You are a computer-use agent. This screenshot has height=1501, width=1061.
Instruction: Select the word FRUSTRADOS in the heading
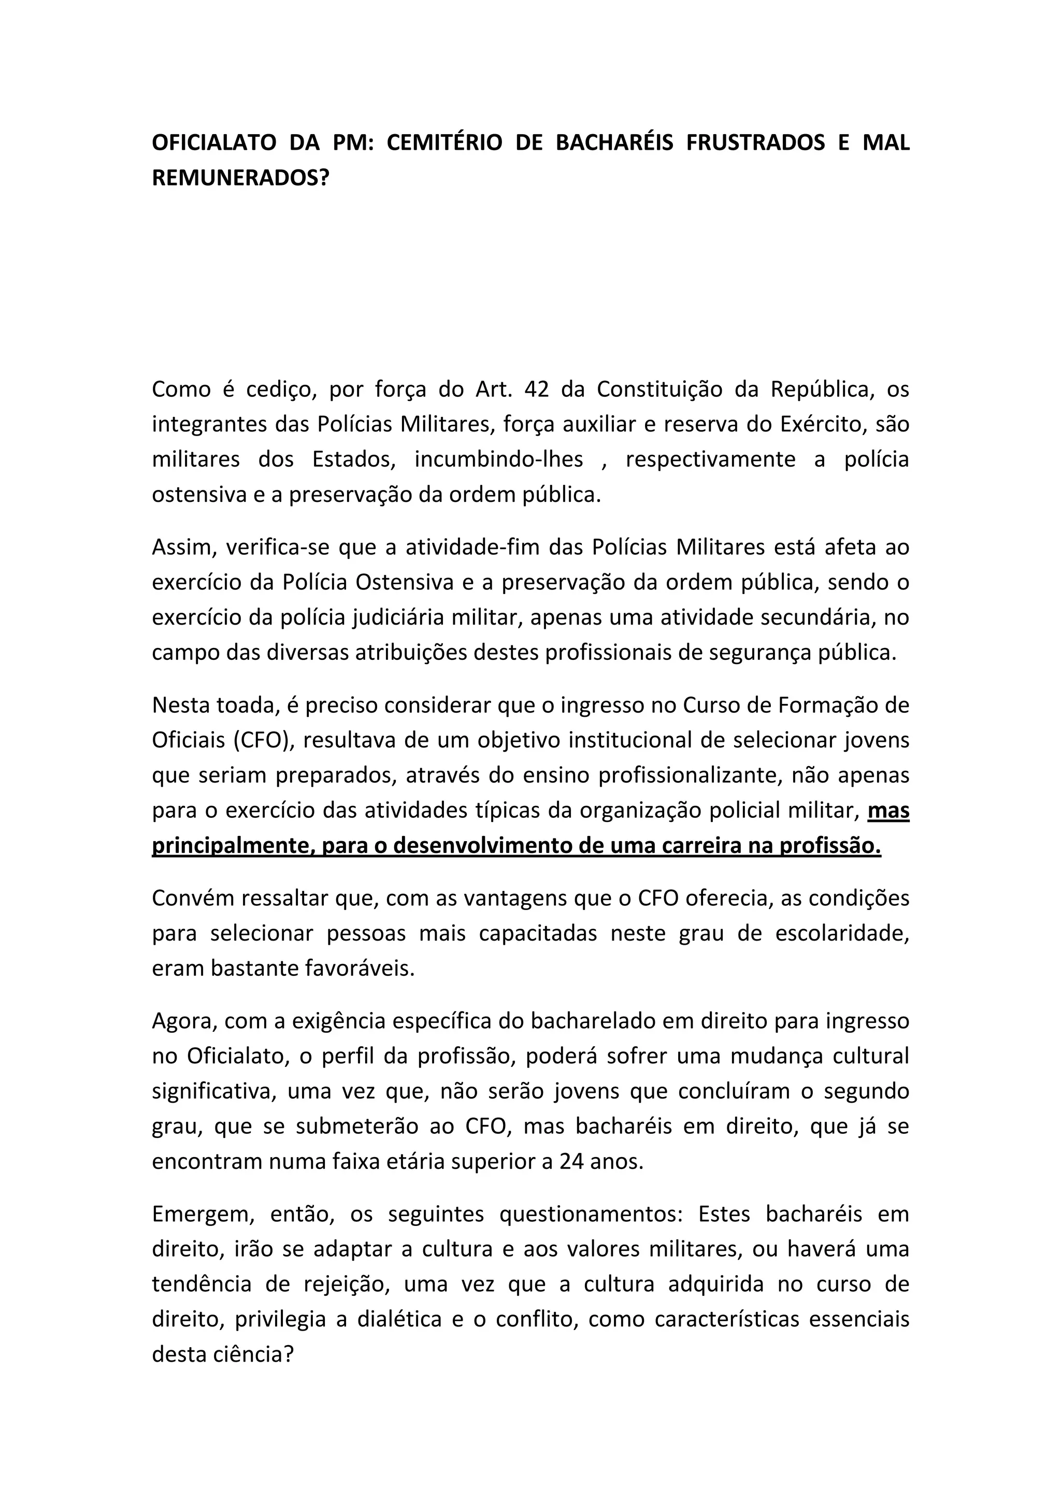756,143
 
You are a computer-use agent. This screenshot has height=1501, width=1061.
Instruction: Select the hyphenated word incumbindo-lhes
499,459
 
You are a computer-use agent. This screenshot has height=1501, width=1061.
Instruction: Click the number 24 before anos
572,1162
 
